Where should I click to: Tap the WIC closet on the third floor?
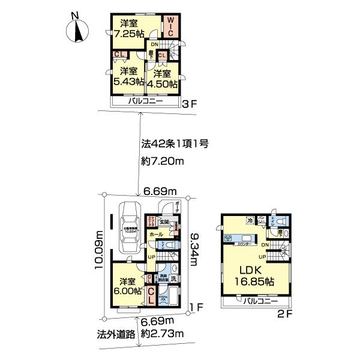(170, 27)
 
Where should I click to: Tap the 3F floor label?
(190, 103)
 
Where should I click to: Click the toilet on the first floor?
(170, 245)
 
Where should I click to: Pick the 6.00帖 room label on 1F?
(127, 286)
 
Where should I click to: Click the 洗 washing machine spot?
(172, 278)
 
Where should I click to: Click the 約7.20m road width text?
(163, 161)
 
